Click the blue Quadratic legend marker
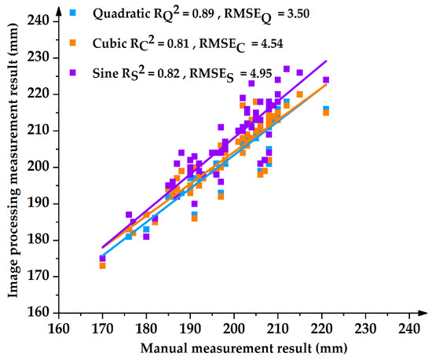74,13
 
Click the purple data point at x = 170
102,258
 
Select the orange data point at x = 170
102,266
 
